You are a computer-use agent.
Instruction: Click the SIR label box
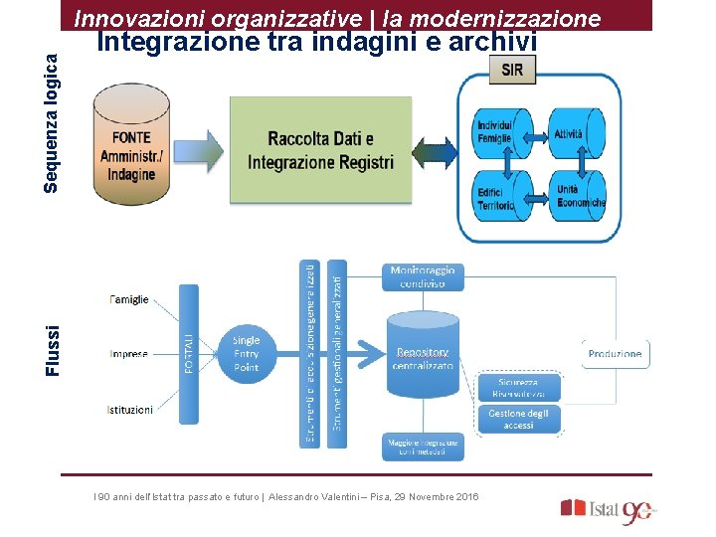click(512, 70)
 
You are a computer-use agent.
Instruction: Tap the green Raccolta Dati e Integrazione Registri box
click(320, 150)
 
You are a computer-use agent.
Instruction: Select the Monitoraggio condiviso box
click(423, 276)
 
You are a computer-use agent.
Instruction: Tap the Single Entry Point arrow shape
click(246, 353)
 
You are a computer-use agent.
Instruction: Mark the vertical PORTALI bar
click(189, 353)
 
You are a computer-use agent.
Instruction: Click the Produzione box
click(615, 354)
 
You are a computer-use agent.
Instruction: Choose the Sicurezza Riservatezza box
click(519, 387)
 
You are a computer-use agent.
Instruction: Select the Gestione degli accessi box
click(518, 419)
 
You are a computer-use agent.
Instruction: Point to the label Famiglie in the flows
click(129, 298)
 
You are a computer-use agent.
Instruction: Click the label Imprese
click(129, 353)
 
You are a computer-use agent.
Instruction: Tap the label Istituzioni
click(131, 409)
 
